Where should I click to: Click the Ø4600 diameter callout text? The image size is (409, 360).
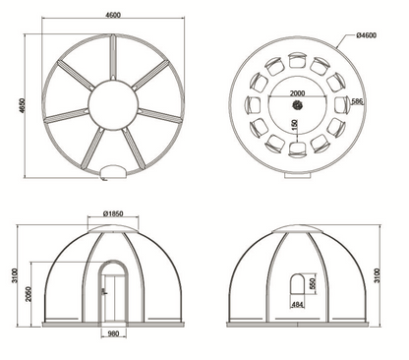(366, 35)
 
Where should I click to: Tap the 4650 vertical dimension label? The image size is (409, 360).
(22, 106)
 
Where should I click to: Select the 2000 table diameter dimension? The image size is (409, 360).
(297, 93)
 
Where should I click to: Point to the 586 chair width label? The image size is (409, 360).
(357, 101)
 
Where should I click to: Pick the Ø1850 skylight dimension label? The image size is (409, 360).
(113, 213)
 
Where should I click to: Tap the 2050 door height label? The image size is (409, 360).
(28, 294)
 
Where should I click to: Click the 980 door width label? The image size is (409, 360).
(113, 333)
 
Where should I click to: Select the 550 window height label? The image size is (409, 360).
(312, 283)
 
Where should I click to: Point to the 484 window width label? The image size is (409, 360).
(297, 305)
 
